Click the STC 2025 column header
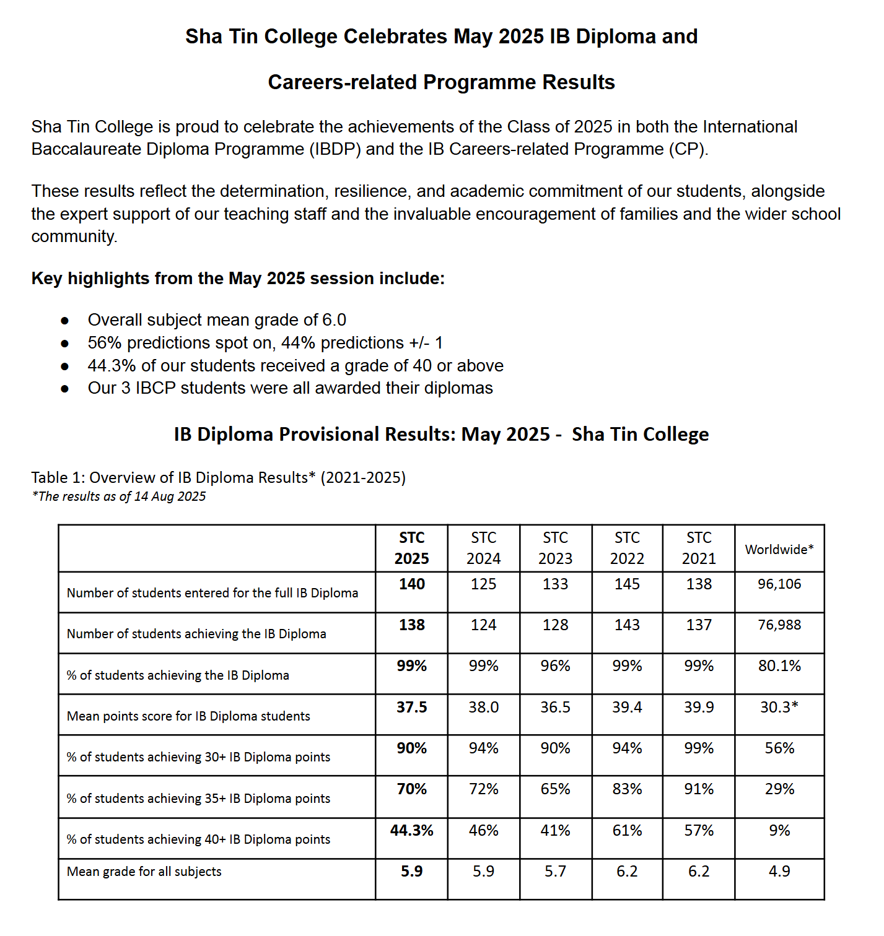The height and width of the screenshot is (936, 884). tap(411, 548)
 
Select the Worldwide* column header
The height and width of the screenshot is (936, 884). tap(779, 549)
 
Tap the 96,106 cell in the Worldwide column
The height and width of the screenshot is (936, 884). tap(779, 584)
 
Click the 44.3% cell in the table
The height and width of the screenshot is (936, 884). tap(411, 830)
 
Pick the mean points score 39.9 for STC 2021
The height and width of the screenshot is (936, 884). tap(699, 707)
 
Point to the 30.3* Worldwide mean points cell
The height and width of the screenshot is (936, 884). tap(779, 707)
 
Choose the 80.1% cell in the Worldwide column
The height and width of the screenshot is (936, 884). tap(779, 666)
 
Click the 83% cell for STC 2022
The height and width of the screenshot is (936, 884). tap(627, 789)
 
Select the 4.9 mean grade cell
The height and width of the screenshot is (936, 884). tap(779, 871)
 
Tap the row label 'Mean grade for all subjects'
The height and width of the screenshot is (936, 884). tap(144, 871)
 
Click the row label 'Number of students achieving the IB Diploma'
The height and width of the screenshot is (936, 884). tap(196, 634)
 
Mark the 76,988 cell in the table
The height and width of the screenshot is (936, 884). tap(779, 625)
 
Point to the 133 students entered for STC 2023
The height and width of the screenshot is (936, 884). tap(555, 584)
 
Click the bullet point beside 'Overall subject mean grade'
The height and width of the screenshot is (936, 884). tap(65, 321)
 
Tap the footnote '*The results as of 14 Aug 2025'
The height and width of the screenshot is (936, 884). tap(119, 496)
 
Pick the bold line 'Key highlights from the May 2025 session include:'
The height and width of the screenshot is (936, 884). tap(238, 279)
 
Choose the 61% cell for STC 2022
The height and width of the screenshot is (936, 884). tap(627, 830)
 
